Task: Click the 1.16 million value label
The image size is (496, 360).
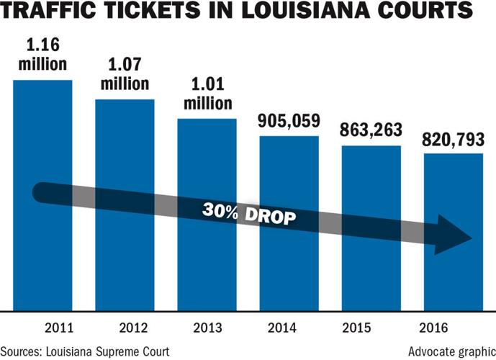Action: click(x=42, y=55)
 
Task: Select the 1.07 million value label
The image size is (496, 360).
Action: click(x=125, y=76)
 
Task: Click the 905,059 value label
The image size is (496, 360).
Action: click(x=289, y=121)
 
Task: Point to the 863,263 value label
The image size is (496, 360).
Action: click(x=371, y=132)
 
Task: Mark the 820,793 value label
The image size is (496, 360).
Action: click(x=453, y=139)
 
